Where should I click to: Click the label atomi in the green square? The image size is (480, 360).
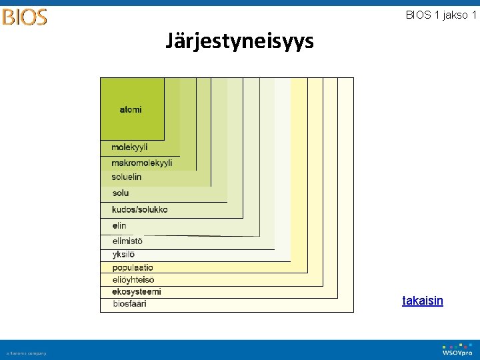131,109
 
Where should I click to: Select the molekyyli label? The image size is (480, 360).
129,147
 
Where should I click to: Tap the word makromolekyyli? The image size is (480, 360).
141,163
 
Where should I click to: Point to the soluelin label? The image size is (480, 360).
127,177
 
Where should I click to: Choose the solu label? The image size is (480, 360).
121,193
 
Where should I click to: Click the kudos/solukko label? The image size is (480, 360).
140,209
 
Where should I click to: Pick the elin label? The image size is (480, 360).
119,226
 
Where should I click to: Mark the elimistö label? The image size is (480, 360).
127,241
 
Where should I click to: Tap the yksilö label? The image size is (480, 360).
124,255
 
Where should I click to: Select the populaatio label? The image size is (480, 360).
133,268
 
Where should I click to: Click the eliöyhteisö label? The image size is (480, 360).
133,280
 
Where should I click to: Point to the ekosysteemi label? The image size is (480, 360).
137,292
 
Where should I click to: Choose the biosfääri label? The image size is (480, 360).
129,304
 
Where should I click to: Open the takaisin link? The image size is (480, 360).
423,301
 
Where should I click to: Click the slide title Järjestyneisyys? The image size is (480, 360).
239,42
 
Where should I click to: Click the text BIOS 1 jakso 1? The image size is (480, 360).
441,15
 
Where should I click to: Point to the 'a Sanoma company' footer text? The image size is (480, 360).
27,353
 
